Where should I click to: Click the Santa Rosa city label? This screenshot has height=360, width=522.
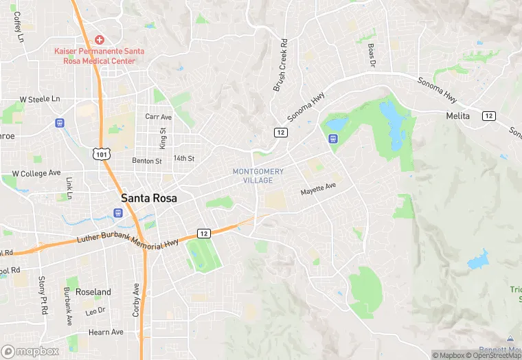(149, 198)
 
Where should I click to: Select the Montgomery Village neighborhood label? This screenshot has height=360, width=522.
(258, 175)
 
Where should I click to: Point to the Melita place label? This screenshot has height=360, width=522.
(457, 116)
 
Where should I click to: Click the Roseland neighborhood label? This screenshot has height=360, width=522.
(93, 292)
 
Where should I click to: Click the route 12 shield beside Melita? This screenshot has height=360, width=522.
(488, 116)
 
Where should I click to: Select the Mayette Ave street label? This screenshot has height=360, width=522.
(318, 189)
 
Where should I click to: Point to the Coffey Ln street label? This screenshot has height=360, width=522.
(17, 26)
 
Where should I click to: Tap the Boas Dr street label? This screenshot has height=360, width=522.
(372, 54)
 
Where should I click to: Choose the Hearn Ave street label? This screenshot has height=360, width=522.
(105, 332)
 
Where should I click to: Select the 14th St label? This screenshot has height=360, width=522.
(184, 158)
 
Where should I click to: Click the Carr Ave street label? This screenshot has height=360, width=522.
(158, 117)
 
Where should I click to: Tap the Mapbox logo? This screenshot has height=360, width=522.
(30, 351)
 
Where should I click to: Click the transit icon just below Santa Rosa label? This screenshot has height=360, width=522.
(118, 212)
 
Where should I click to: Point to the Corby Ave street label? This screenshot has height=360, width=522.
(137, 299)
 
